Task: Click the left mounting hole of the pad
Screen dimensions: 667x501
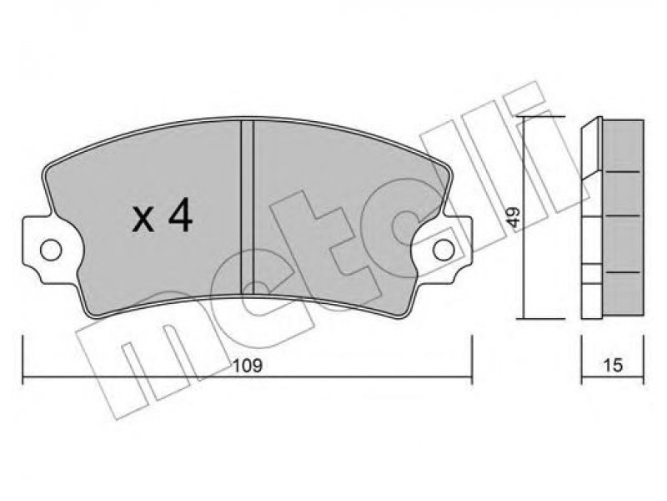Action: [x=51, y=250]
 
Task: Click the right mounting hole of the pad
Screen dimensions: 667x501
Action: [x=444, y=250]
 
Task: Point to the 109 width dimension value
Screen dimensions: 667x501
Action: [x=248, y=366]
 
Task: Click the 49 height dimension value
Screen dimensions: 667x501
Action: [x=514, y=217]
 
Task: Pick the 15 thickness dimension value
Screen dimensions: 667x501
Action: [x=613, y=365]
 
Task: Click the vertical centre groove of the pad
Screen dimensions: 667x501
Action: [x=247, y=207]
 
